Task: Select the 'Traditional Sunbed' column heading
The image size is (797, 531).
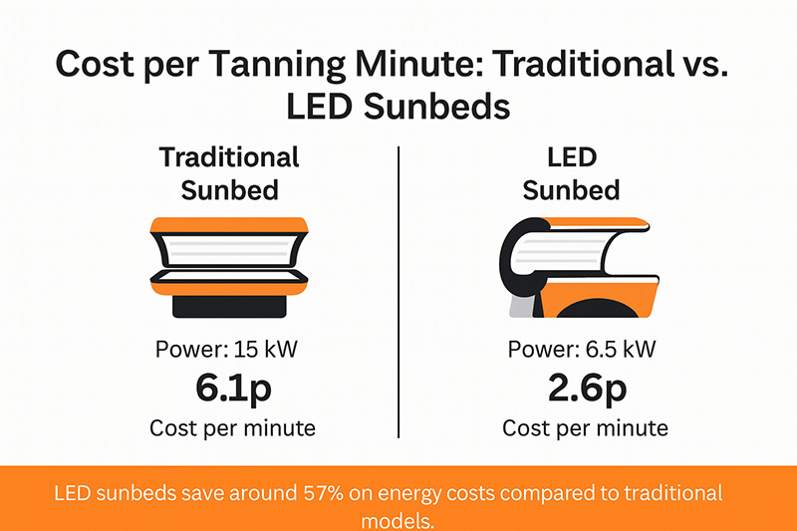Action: click(x=228, y=172)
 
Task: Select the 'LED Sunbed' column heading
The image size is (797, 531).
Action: click(x=572, y=172)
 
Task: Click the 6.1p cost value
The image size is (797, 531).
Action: click(x=231, y=390)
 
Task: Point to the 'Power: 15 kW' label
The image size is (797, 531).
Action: click(x=231, y=350)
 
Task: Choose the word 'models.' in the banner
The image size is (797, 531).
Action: click(x=398, y=518)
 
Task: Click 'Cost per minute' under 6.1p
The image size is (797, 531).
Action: click(x=231, y=428)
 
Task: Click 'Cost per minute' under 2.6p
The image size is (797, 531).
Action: click(x=585, y=428)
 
